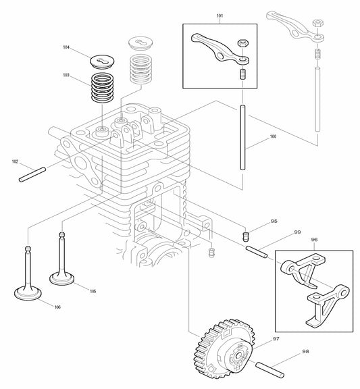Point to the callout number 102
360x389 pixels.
point(14,161)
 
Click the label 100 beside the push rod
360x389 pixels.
point(273,136)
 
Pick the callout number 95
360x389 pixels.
point(274,221)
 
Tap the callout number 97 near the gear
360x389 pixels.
point(275,338)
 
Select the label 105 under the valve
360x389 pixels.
point(93,291)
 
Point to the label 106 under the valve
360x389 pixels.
point(57,307)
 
